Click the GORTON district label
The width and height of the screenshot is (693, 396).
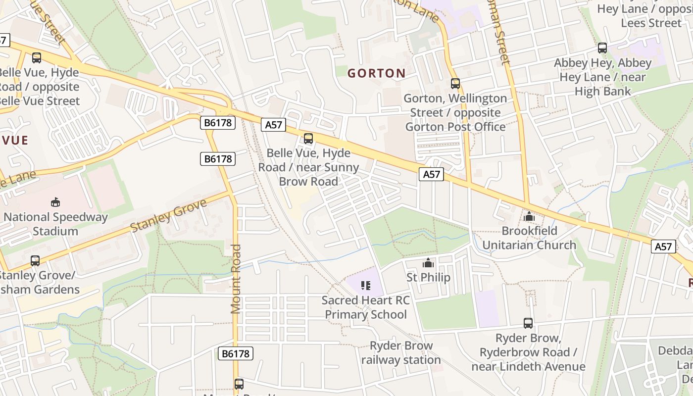click(376, 73)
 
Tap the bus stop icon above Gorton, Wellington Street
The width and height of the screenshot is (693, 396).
click(455, 84)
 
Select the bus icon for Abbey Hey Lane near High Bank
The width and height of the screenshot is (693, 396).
click(602, 48)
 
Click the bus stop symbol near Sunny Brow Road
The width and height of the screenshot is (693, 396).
click(308, 139)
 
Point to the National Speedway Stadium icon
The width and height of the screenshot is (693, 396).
click(55, 202)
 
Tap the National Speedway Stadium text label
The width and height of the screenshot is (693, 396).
click(55, 224)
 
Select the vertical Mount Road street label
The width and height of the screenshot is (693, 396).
click(236, 279)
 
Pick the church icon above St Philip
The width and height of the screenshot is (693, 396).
click(428, 263)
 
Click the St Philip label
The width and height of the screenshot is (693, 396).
click(428, 277)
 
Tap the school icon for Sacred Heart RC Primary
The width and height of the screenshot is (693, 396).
click(366, 285)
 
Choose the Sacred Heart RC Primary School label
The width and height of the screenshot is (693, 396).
click(366, 307)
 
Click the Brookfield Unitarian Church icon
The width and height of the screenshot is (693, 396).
click(529, 217)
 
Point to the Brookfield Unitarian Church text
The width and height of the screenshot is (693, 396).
click(529, 238)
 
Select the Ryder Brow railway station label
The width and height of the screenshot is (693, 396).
click(400, 352)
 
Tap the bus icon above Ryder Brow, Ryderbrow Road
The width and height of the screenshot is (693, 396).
click(528, 323)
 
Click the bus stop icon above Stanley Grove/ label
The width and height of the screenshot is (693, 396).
click(35, 261)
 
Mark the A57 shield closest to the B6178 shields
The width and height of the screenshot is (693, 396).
click(273, 125)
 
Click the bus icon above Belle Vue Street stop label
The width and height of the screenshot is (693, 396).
click(36, 58)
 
